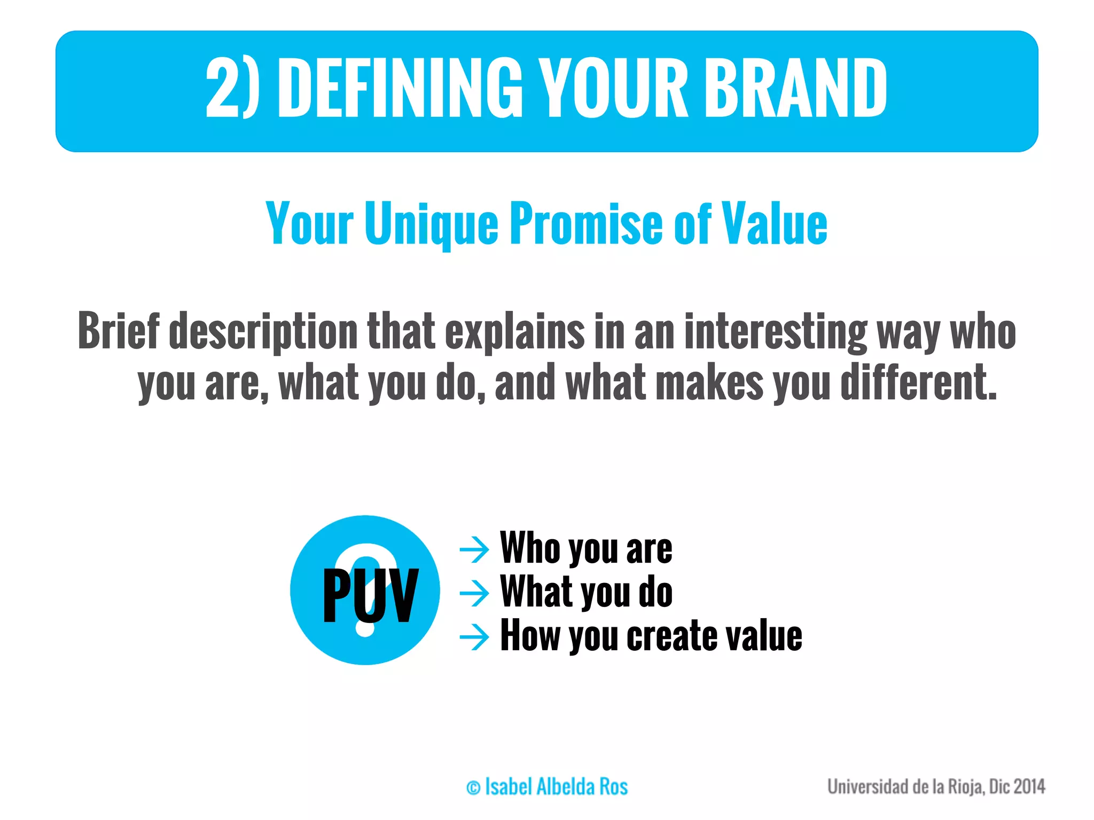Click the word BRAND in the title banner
(x=795, y=88)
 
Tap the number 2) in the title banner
(x=232, y=88)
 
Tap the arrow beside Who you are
(x=474, y=549)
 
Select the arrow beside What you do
(x=474, y=593)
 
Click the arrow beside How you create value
(x=474, y=636)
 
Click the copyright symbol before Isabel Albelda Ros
(x=473, y=787)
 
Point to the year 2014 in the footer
(x=1029, y=786)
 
